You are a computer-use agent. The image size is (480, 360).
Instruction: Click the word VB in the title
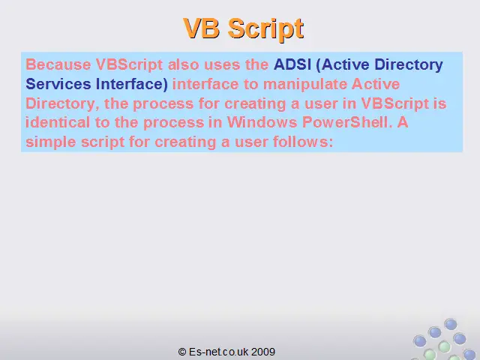(202, 28)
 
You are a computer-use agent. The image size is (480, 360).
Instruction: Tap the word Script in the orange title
(265, 29)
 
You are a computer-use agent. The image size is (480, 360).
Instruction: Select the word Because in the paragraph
(58, 64)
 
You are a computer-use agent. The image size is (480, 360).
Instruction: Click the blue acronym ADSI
(292, 64)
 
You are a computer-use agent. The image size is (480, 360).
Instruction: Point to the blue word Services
(58, 84)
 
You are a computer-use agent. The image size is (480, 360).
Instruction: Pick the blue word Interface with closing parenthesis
(132, 85)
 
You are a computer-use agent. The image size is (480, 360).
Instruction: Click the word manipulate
(305, 85)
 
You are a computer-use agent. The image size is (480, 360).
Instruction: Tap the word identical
(58, 122)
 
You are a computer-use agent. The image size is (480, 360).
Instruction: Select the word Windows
(262, 122)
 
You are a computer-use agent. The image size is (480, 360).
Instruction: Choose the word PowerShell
(347, 122)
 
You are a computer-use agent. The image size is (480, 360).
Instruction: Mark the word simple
(50, 142)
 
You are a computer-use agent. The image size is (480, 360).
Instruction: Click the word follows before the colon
(300, 142)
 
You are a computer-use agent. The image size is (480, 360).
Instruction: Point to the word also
(183, 64)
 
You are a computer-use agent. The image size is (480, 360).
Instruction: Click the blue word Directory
(408, 65)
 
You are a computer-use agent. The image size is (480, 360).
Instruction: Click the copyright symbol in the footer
(182, 352)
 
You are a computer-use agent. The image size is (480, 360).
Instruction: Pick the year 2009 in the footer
(263, 352)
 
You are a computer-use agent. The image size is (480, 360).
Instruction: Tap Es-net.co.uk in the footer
(218, 352)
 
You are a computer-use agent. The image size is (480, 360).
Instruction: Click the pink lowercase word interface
(205, 84)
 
